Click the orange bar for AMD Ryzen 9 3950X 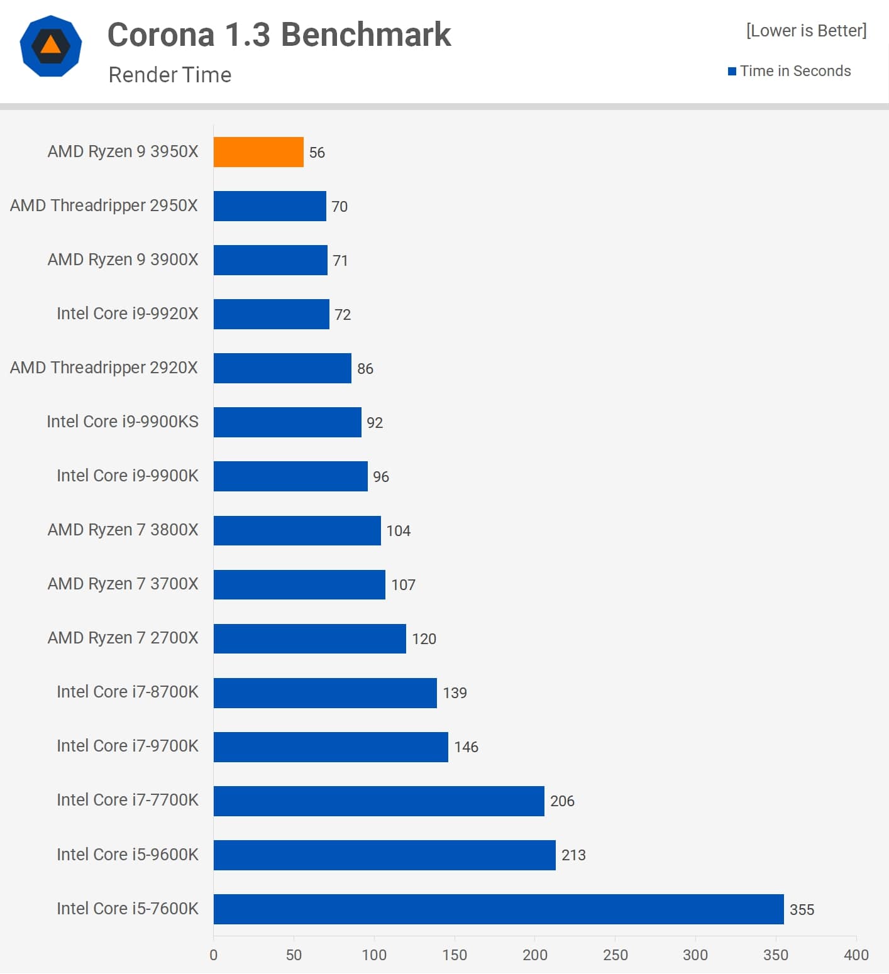coord(258,152)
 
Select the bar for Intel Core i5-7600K coord(499,909)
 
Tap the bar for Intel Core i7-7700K coord(378,801)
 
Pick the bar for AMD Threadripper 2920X coord(282,368)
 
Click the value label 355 coord(802,909)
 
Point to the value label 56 coord(317,153)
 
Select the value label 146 coord(466,747)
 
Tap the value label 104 coord(398,530)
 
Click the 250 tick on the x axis coord(615,955)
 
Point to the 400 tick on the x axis coord(856,955)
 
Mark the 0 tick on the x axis coord(214,955)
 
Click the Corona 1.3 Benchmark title coord(279,35)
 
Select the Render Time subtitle coord(170,75)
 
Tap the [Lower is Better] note coord(806,31)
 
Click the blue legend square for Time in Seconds coord(732,71)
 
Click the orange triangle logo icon coord(51,45)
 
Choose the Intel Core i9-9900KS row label coord(123,422)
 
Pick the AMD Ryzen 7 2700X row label coord(123,638)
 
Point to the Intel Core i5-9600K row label coord(127,854)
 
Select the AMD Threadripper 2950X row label coord(104,205)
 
